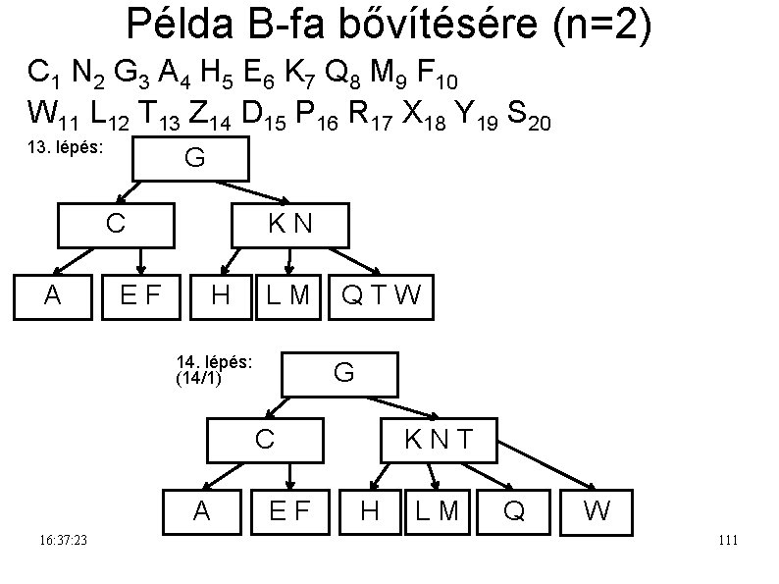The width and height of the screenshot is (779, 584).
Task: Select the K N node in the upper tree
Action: pyautogui.click(x=289, y=225)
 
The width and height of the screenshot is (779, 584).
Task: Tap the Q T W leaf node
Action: pyautogui.click(x=380, y=294)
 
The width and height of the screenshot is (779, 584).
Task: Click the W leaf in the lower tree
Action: pyautogui.click(x=597, y=509)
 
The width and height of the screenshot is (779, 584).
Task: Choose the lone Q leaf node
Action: pyautogui.click(x=513, y=509)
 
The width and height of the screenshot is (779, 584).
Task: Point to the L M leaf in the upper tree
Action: pyautogui.click(x=288, y=294)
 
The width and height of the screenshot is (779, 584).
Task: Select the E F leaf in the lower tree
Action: pyautogui.click(x=290, y=509)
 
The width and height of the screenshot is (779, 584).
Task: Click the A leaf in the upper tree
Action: pyautogui.click(x=53, y=294)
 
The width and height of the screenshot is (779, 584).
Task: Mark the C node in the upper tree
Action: pyautogui.click(x=116, y=225)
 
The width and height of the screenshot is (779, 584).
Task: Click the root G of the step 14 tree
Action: pyautogui.click(x=342, y=374)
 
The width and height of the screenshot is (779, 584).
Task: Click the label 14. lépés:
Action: pyautogui.click(x=214, y=361)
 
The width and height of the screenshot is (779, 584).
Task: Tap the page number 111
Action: pyautogui.click(x=727, y=541)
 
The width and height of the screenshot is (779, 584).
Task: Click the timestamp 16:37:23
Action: pyautogui.click(x=64, y=541)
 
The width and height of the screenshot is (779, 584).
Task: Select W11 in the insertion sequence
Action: pyautogui.click(x=54, y=117)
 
